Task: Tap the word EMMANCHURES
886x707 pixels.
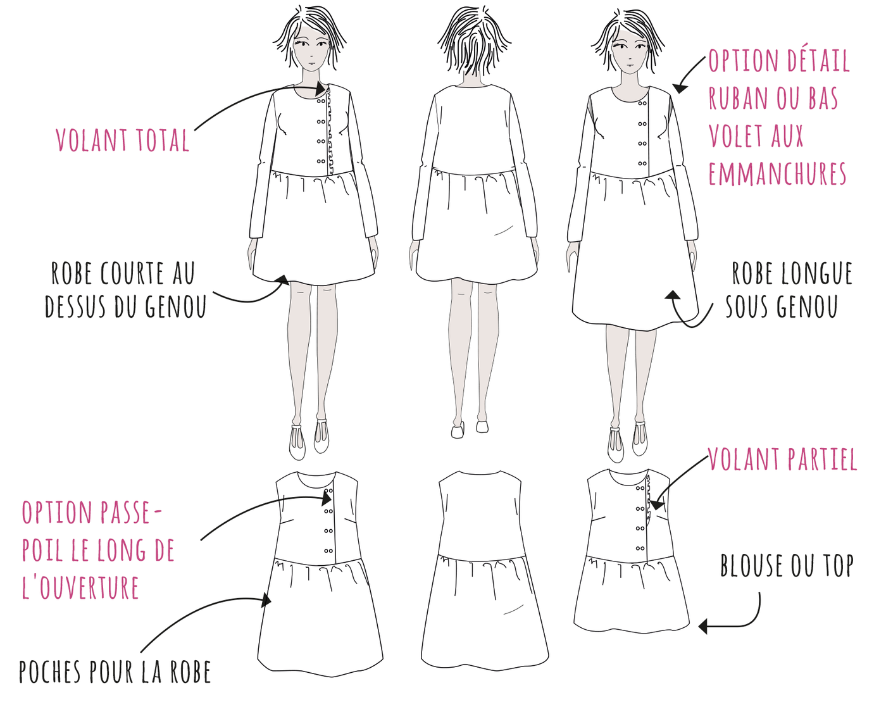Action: coord(777,174)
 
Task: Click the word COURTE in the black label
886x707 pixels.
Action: coord(132,274)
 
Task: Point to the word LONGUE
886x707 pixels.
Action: coord(816,274)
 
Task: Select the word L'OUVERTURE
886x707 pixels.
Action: coord(80,588)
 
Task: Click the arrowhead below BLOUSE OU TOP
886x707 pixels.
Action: coord(702,627)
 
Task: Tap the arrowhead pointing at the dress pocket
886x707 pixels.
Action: coord(267,599)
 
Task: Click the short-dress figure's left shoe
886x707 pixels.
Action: coord(321,437)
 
